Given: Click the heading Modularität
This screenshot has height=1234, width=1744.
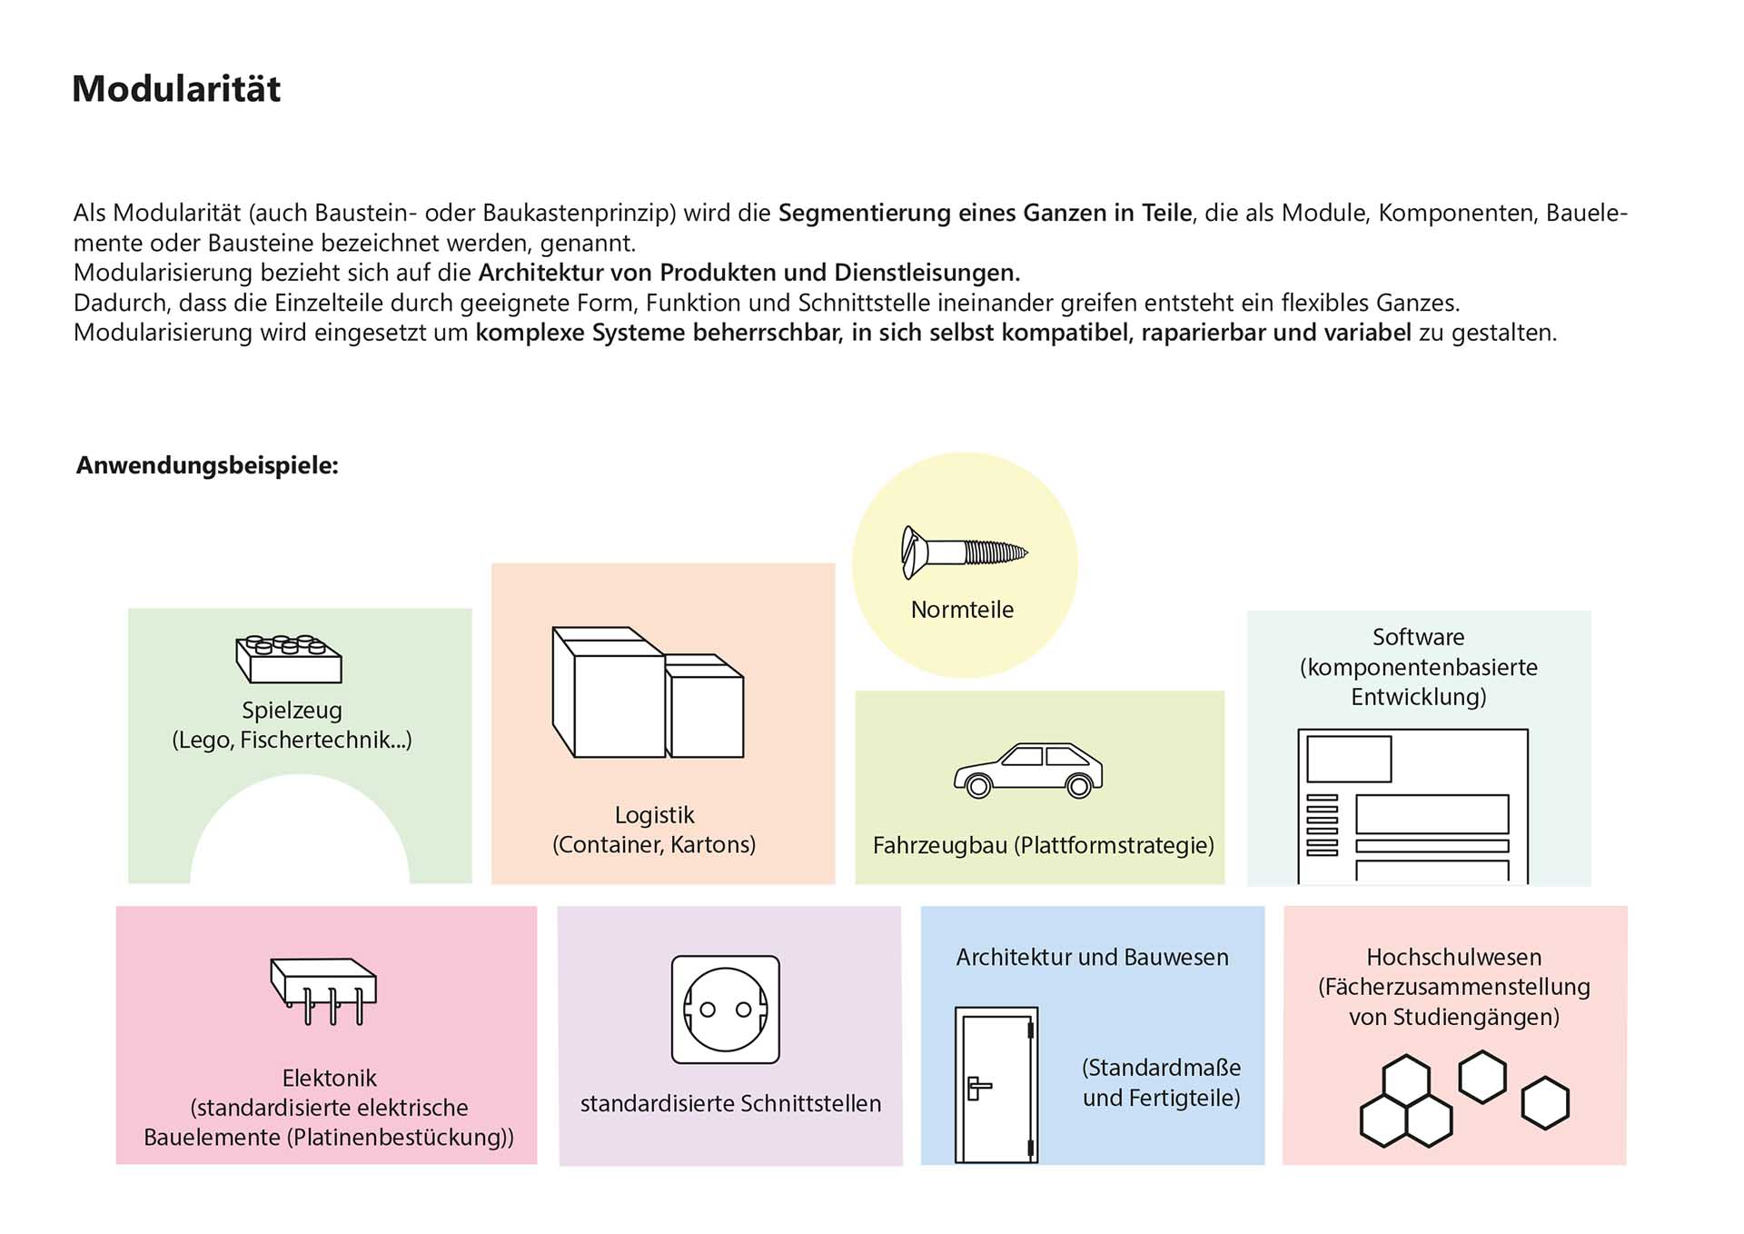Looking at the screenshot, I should click(176, 89).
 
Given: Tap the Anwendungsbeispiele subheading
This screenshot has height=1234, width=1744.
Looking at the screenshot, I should click(207, 465).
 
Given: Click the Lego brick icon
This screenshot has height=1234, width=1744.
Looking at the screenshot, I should click(289, 659).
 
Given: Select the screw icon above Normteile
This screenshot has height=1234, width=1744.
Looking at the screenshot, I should click(963, 552).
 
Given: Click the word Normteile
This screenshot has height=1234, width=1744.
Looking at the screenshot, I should click(962, 610).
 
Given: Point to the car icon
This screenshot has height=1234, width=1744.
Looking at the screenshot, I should click(1028, 770).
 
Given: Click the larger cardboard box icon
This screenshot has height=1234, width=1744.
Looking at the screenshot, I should click(609, 692).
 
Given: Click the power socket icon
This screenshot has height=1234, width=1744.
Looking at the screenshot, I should click(725, 1010).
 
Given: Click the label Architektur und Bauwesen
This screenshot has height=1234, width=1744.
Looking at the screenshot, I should click(1092, 957).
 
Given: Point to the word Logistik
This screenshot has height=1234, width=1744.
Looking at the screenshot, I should click(654, 815).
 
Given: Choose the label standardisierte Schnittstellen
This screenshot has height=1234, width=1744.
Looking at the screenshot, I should click(730, 1104).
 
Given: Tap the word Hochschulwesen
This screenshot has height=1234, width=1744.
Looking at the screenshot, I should click(1453, 957).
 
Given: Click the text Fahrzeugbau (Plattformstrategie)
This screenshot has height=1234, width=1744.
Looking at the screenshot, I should click(1043, 846).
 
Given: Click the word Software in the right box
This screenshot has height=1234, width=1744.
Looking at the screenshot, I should click(1418, 637).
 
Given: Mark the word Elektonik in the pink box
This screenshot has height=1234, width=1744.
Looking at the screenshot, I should click(329, 1079).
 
